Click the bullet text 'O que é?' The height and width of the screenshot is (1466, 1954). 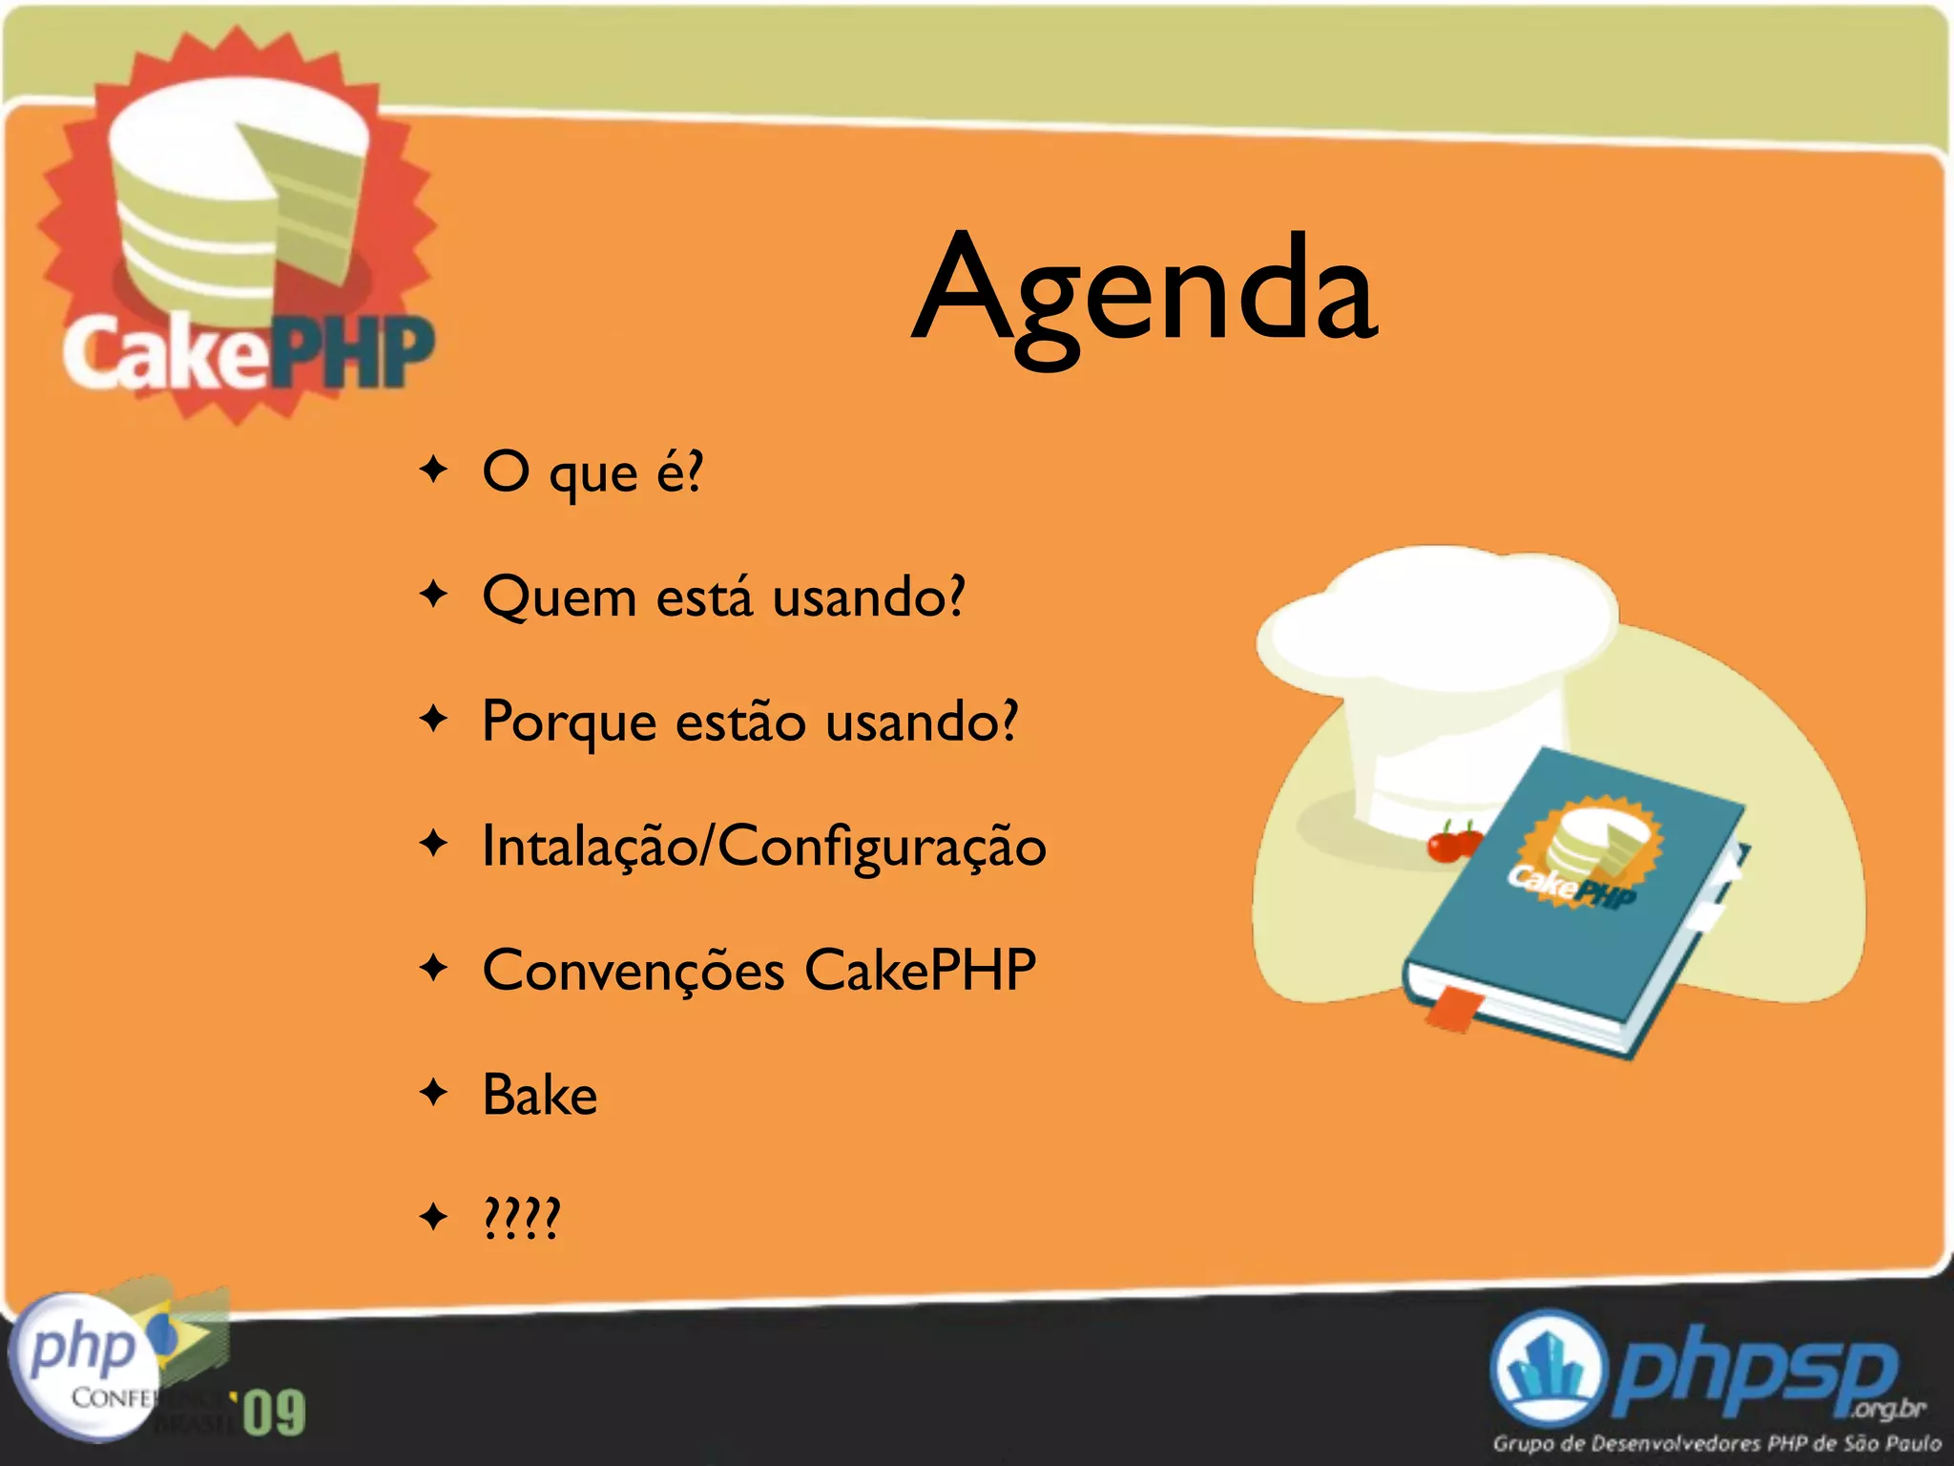tap(592, 471)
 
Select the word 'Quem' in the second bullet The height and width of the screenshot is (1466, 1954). tap(559, 598)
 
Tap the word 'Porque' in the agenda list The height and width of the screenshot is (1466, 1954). tap(569, 723)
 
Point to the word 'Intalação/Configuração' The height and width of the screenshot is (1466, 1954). tap(763, 847)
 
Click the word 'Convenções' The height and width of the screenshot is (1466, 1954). tap(634, 971)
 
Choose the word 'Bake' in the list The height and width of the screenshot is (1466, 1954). tap(540, 1095)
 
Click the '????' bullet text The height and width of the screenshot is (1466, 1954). tap(522, 1218)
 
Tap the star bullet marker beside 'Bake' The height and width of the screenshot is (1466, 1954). tap(434, 1092)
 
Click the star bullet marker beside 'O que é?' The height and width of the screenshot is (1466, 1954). tap(434, 470)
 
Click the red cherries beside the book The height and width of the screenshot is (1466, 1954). tap(1453, 843)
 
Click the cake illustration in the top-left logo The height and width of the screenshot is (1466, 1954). tap(239, 191)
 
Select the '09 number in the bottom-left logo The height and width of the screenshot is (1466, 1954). tap(272, 1413)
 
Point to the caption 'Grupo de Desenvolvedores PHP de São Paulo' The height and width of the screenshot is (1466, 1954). tap(1716, 1442)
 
